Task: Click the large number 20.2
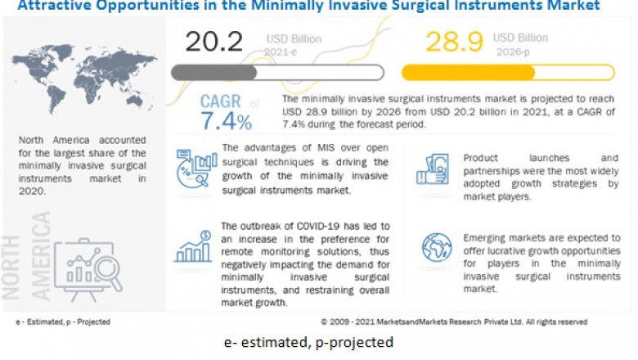pos(215,42)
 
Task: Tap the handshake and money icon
pos(433,169)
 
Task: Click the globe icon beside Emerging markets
pos(436,248)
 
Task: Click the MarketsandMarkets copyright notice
pos(453,322)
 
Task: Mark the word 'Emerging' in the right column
pos(487,237)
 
